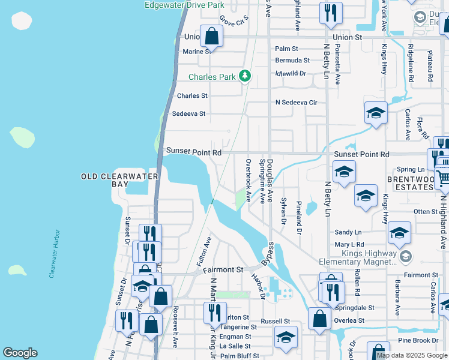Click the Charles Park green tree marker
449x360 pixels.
[244, 76]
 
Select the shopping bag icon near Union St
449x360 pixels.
[211, 36]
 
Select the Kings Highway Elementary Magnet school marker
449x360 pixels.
[406, 256]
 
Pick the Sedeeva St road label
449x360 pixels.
[188, 113]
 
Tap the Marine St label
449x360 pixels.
[196, 52]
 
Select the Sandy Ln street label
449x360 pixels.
[348, 232]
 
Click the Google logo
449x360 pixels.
[20, 353]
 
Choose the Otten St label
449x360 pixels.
[426, 212]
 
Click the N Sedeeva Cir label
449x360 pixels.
[295, 103]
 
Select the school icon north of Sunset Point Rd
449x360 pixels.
[376, 112]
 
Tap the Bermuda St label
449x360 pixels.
[292, 61]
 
